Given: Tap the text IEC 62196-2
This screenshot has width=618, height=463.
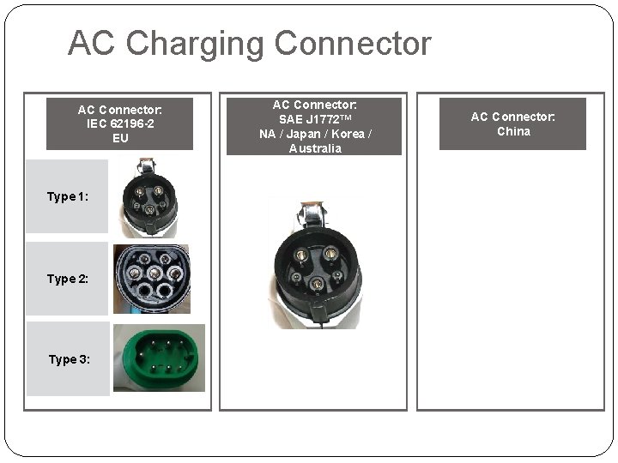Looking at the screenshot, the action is pos(120,123).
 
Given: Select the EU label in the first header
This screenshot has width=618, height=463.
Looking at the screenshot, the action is pos(120,137).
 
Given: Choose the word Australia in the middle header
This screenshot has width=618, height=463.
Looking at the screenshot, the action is pos(314,148).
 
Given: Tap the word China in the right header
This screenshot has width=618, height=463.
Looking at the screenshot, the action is pos(513,131).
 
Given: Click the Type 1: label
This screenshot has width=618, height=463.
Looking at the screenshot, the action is pos(67,196).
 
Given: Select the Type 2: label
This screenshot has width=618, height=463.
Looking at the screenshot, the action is pos(67,279).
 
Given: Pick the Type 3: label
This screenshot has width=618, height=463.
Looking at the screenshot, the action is pos(67,359).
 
